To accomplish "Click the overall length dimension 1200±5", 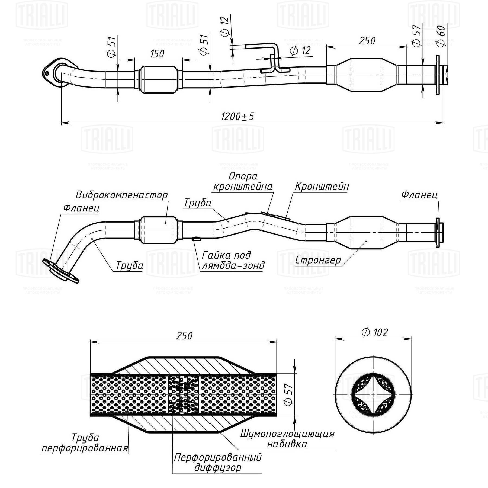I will tap(237, 117).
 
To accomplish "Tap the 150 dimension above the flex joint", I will tap(157, 54).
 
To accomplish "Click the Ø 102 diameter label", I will tap(375, 333).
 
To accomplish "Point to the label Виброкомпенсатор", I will tap(121, 195).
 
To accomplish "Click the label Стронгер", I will tap(318, 260).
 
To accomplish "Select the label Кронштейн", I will tap(322, 187).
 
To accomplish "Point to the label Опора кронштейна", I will tap(243, 181).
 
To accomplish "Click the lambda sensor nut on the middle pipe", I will tap(196, 239).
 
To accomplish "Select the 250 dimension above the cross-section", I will tap(184, 336).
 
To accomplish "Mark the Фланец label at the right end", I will tap(419, 195).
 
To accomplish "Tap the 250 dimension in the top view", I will tap(367, 41).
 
